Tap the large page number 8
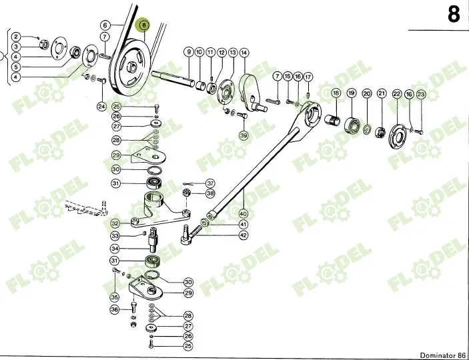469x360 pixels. click(454, 14)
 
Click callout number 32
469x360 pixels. click(115, 224)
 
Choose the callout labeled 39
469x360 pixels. click(243, 136)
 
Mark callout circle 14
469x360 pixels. click(244, 52)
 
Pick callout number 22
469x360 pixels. click(396, 95)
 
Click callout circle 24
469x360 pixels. click(101, 106)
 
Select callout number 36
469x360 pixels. click(115, 310)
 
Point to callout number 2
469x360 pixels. click(17, 37)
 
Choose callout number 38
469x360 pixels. click(210, 193)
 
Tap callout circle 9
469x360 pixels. click(189, 52)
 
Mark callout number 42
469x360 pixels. click(243, 235)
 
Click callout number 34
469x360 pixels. click(115, 249)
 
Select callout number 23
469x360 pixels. click(420, 95)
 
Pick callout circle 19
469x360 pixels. click(351, 95)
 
